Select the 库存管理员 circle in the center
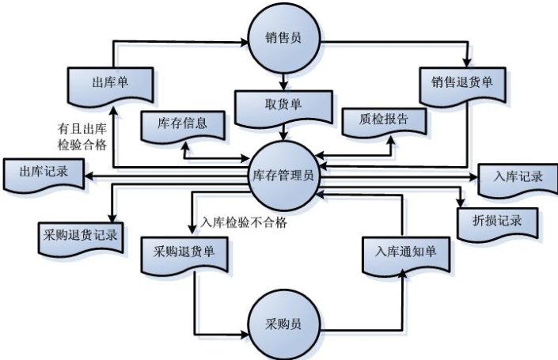click(x=283, y=176)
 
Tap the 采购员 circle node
click(x=283, y=325)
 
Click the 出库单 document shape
click(x=109, y=81)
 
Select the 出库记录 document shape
click(x=42, y=172)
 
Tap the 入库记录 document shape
click(x=514, y=176)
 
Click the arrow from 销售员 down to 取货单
click(x=283, y=79)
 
